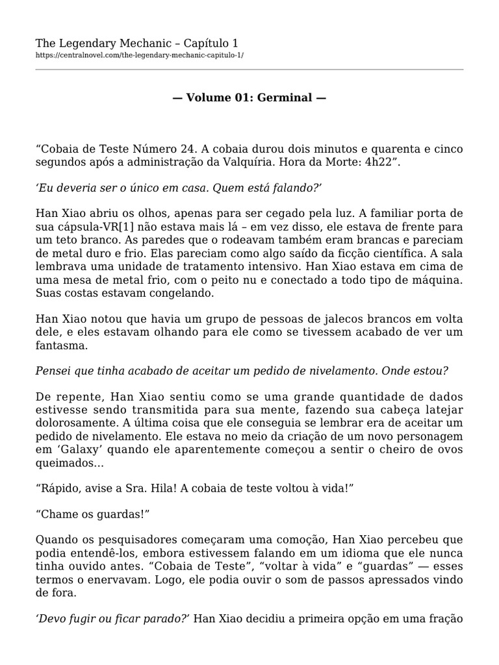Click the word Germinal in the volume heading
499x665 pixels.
[285, 98]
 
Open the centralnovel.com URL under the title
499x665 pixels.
[140, 56]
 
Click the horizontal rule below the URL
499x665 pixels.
[249, 69]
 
